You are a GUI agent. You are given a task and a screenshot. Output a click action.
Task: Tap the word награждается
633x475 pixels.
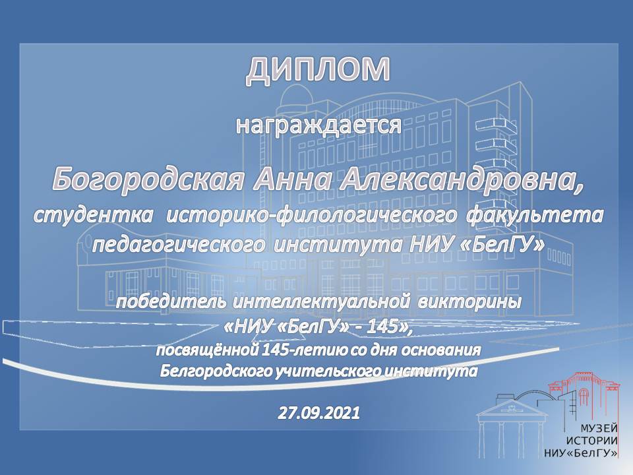(318, 126)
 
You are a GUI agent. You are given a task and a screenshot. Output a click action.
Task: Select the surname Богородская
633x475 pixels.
(148, 179)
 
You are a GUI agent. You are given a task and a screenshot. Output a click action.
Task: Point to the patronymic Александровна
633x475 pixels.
(461, 180)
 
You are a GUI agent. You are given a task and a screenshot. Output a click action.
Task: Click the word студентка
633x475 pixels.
(93, 215)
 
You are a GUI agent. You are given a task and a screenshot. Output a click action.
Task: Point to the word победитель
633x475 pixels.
(171, 302)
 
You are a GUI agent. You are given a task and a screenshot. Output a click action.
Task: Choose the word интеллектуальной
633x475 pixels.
(319, 303)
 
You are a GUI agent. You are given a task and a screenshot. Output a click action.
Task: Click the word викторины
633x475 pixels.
(469, 303)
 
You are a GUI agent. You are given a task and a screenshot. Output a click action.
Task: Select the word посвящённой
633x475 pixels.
(206, 350)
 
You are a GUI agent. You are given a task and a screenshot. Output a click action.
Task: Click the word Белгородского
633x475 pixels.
(216, 371)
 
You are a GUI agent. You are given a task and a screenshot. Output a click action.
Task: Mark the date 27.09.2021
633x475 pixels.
(319, 413)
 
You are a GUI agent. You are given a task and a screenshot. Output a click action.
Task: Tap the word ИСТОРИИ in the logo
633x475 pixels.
(592, 441)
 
